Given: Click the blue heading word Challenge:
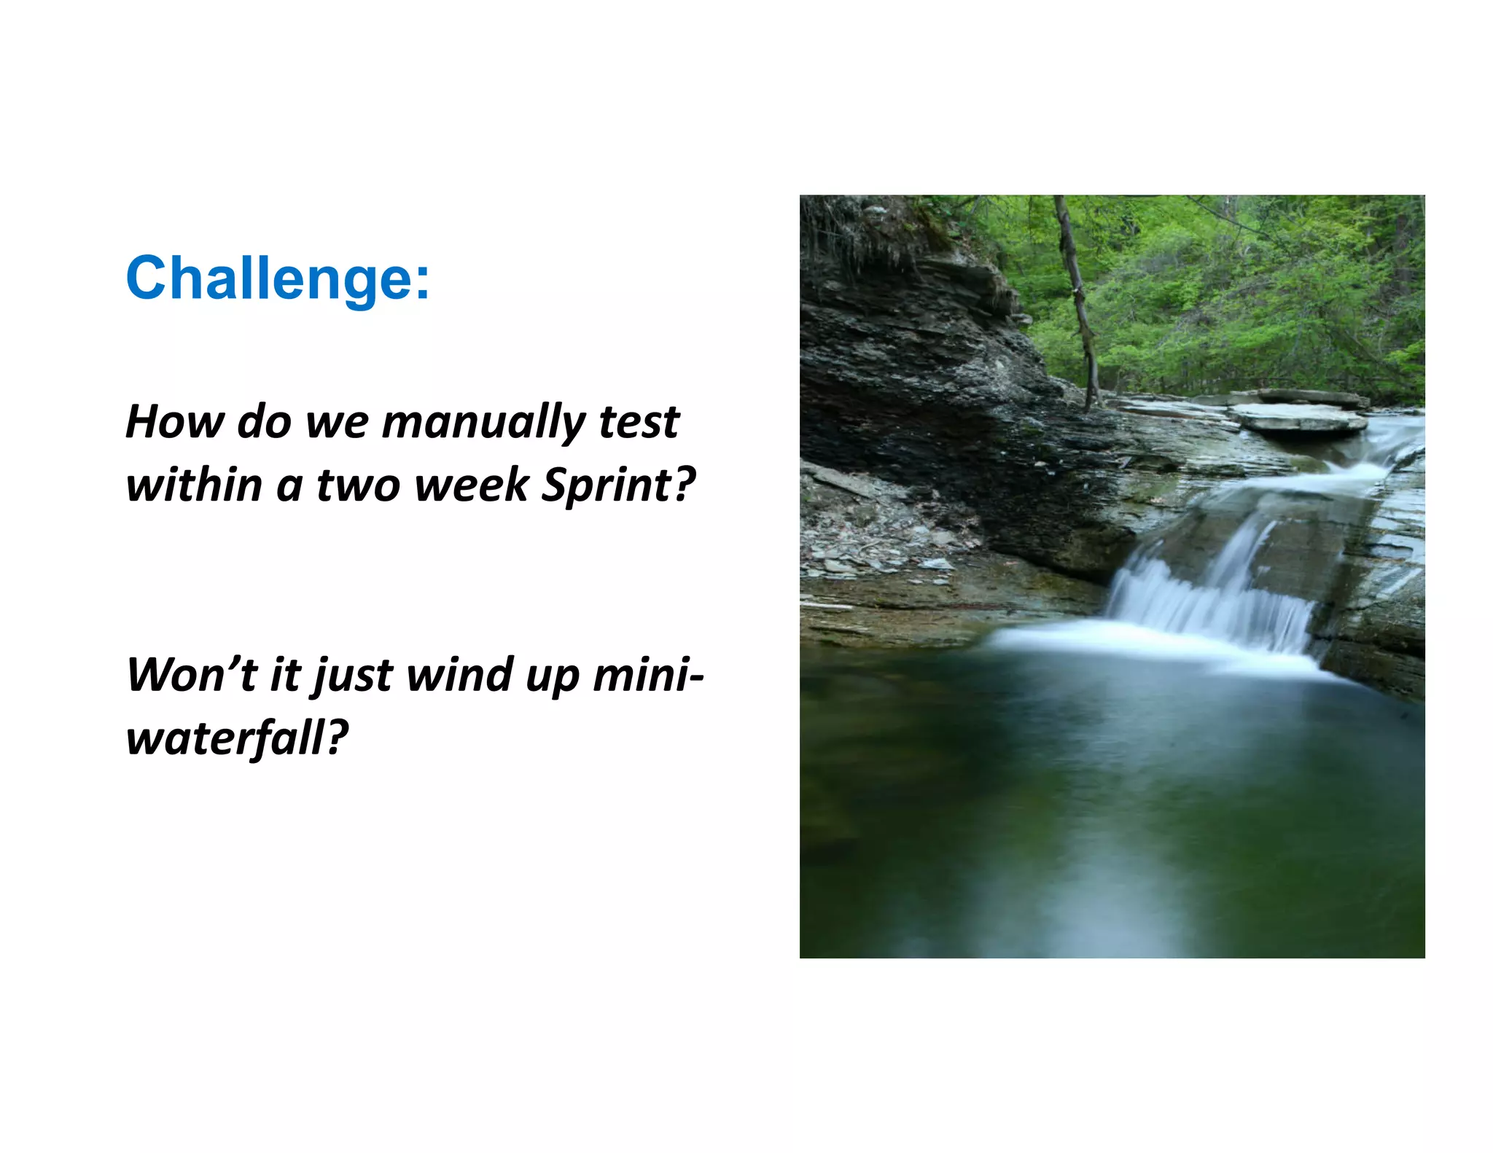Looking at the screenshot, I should coord(277,278).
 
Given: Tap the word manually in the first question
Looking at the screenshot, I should coord(483,422).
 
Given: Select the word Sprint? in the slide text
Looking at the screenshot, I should coord(618,485).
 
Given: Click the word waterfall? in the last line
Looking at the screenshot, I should coord(237,738).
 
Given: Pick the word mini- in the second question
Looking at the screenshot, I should coord(648,674).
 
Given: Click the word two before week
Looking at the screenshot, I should coord(357,485).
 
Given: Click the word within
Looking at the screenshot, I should coord(193,485).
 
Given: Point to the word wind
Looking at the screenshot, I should coord(459,674).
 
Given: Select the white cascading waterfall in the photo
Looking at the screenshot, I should coord(1210,598).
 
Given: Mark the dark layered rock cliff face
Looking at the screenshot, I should coord(926,364).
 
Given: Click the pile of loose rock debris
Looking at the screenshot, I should coord(875,532).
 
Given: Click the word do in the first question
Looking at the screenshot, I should coord(265,422).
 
